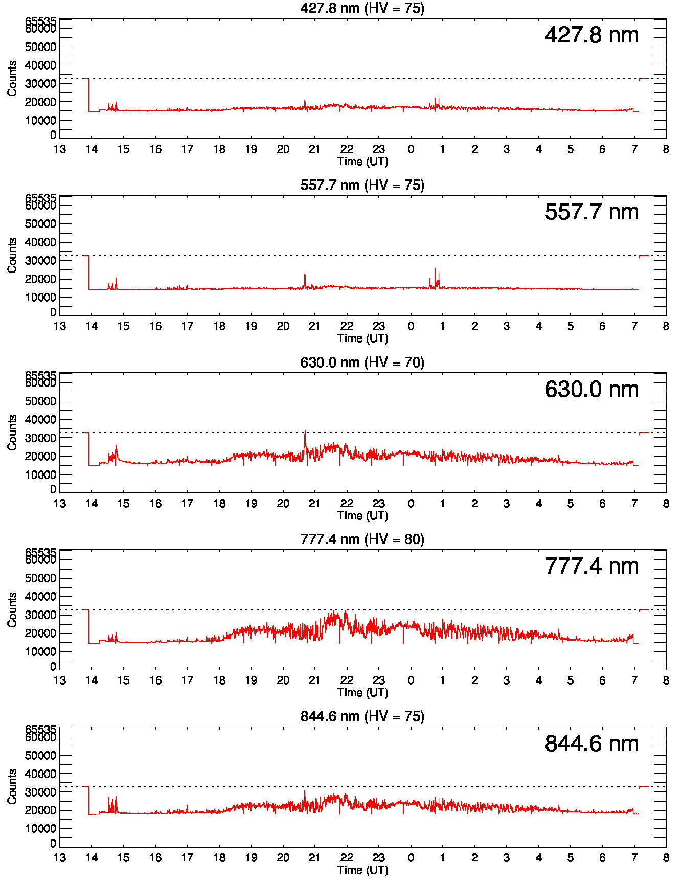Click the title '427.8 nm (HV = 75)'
[x=362, y=8]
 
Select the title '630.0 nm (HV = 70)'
[x=362, y=362]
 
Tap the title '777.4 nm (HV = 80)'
[x=362, y=539]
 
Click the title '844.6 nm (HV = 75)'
[x=362, y=716]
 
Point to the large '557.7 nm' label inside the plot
[x=591, y=212]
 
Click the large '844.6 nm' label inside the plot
[x=591, y=744]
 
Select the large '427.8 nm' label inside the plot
[x=591, y=35]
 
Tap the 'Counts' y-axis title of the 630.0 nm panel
[x=12, y=433]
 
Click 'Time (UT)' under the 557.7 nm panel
[x=362, y=338]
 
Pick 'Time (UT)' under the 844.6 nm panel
[x=362, y=870]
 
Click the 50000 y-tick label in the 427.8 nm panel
[x=40, y=47]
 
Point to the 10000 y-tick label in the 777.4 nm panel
[x=40, y=652]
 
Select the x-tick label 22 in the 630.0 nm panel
[x=347, y=504]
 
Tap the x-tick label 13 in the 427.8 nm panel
[x=60, y=149]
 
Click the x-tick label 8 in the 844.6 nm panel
[x=666, y=858]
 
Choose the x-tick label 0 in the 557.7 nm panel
[x=411, y=326]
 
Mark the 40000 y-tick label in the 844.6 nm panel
[x=40, y=774]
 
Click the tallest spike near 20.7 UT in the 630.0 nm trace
[x=305, y=431]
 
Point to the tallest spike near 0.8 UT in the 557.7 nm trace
[x=435, y=269]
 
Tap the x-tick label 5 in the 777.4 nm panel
[x=571, y=680]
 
